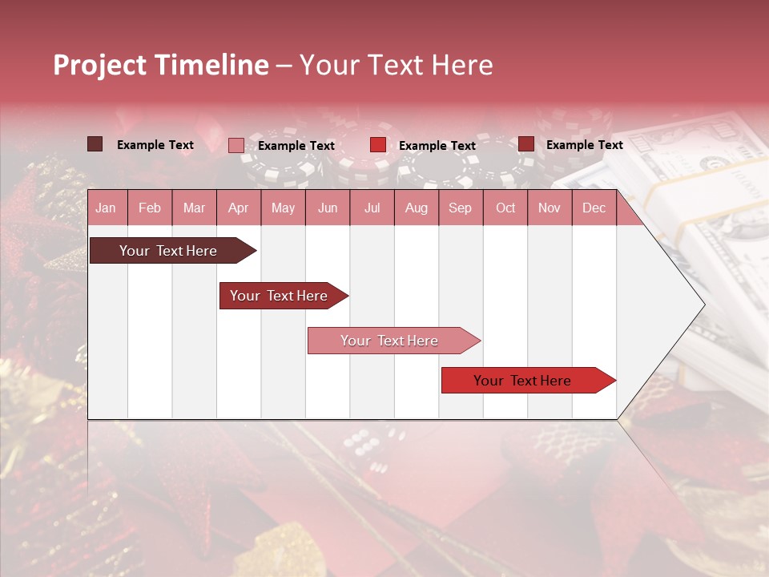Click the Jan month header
(106, 208)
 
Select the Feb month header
(150, 208)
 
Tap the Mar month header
(194, 208)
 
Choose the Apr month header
(239, 208)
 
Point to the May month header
(283, 208)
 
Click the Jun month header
(328, 208)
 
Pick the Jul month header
(372, 208)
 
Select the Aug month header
(416, 208)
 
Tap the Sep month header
(460, 208)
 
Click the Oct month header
(505, 208)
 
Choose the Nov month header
(550, 208)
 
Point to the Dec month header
(594, 208)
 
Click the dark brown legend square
(95, 144)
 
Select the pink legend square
(236, 145)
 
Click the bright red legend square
(378, 145)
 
